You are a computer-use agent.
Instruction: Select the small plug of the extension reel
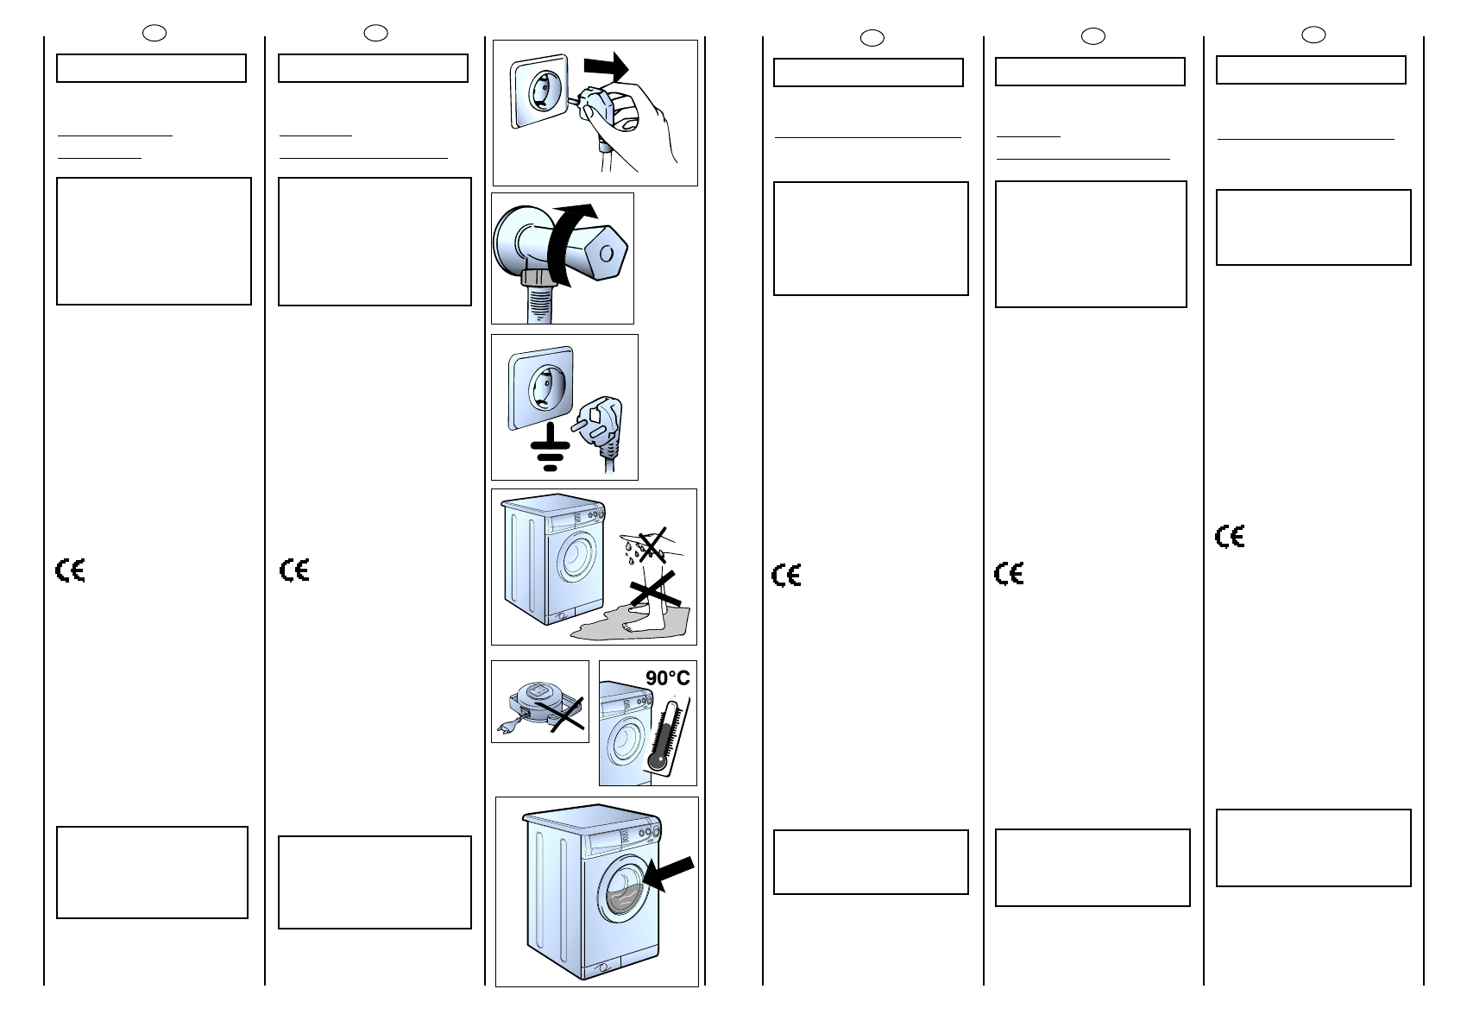coord(507,729)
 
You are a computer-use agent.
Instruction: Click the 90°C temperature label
coord(667,678)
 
